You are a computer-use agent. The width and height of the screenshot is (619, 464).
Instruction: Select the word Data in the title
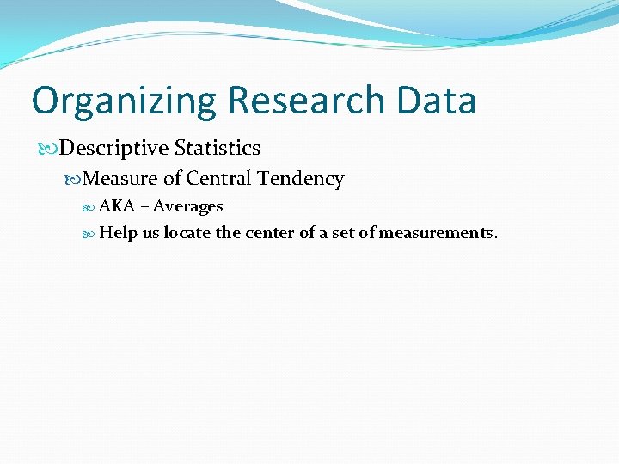pos(437,101)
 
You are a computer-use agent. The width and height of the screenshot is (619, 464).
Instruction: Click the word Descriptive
pos(115,148)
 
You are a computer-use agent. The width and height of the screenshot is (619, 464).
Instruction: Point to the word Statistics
pos(218,148)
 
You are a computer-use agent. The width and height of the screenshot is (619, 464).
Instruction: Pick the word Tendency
pos(301,180)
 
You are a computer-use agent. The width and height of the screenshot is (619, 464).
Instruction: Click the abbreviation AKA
pos(117,206)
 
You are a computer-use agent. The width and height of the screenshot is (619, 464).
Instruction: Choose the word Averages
pos(187,207)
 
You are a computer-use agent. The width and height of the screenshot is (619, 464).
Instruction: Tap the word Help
pos(119,233)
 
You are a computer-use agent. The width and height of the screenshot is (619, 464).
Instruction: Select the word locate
pos(187,233)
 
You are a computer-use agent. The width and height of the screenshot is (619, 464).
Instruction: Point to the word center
pos(270,233)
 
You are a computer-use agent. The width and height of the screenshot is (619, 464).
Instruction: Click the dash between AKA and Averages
pos(144,207)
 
